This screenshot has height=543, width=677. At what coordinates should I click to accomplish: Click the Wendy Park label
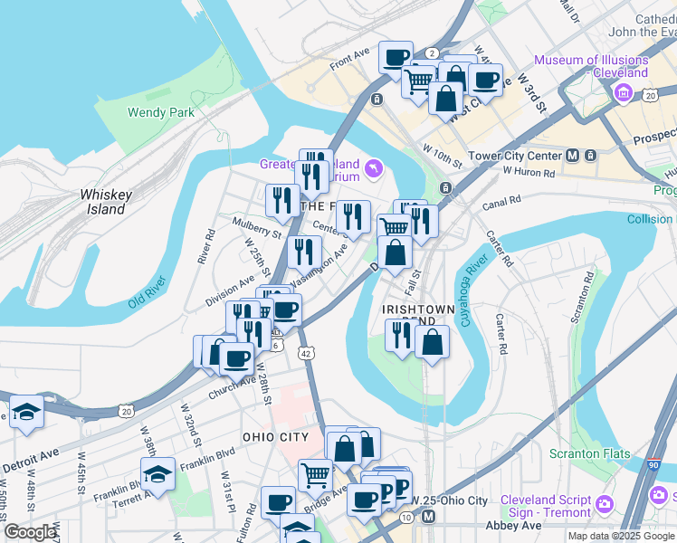(161, 113)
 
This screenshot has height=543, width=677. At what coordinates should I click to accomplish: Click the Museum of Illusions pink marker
(623, 93)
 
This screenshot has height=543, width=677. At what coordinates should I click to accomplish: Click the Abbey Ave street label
(514, 525)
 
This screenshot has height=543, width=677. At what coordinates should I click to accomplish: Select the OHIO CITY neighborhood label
(275, 437)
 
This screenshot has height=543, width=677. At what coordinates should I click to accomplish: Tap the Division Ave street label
(230, 291)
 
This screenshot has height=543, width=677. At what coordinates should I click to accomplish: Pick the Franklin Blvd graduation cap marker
(157, 473)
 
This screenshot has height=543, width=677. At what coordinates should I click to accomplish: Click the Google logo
(30, 532)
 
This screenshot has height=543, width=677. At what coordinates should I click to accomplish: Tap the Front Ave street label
(350, 61)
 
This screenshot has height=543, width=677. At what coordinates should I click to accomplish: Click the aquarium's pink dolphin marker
(374, 168)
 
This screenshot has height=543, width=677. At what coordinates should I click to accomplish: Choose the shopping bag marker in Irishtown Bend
(433, 342)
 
